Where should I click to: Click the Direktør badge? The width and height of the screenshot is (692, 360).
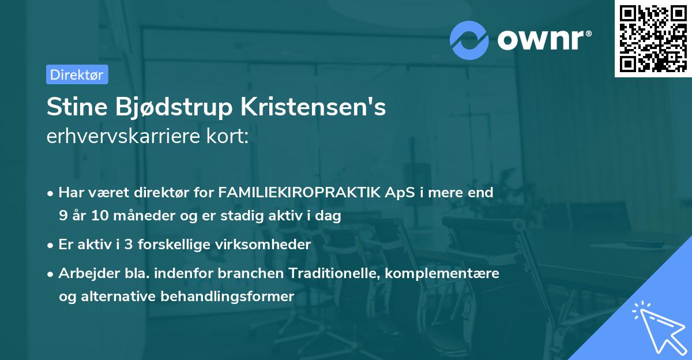[77, 74]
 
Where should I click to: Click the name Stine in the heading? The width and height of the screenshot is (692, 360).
[76, 108]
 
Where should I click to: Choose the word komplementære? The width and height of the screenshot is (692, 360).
[442, 273]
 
